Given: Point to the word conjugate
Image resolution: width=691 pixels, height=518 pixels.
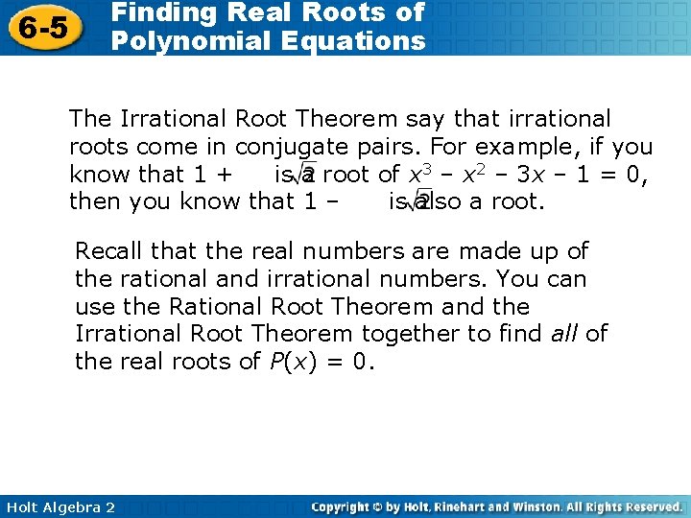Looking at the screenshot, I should pyautogui.click(x=295, y=147).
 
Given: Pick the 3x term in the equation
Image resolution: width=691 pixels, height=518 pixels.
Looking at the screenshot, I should pyautogui.click(x=560, y=175).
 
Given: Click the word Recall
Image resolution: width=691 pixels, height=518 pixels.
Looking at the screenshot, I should pyautogui.click(x=107, y=251).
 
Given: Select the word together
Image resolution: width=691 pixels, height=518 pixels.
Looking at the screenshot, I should pyautogui.click(x=407, y=334).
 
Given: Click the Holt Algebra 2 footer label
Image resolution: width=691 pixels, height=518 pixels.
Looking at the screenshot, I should pyautogui.click(x=59, y=506).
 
